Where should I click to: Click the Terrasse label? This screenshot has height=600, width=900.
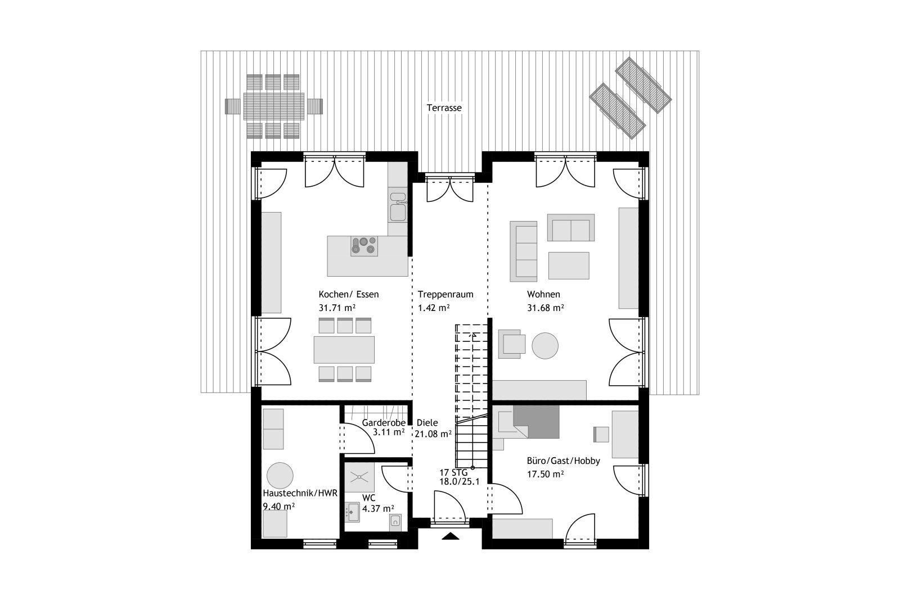pos(444,107)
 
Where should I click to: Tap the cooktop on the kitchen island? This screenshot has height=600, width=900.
pos(364,246)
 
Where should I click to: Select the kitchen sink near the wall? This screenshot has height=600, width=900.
pos(398,206)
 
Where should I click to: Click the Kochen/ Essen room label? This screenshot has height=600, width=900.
pos(349,295)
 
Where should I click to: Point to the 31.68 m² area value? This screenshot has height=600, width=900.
pos(545,308)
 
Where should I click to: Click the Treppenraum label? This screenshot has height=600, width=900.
pos(445,295)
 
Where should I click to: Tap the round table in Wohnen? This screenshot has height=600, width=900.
pos(545,345)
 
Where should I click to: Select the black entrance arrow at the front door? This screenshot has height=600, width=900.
pos(451,536)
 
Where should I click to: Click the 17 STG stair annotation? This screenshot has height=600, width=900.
pos(453,472)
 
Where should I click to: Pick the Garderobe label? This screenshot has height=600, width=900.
pos(384,423)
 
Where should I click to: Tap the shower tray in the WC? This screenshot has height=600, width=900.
pos(359,477)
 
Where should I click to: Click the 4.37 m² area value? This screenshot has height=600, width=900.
pos(378,509)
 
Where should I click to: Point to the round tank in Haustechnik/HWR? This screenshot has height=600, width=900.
pos(280,476)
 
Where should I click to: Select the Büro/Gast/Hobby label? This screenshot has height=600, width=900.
pos(563,461)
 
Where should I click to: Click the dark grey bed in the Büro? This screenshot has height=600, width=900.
pos(537,422)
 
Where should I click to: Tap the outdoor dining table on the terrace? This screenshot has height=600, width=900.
pos(274,106)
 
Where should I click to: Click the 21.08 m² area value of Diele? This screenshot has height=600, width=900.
pos(433,434)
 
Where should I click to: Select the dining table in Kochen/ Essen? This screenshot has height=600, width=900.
pos(344,349)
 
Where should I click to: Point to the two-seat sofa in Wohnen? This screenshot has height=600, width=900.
pos(570,228)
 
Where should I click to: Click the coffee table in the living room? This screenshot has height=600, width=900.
pos(569,265)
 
